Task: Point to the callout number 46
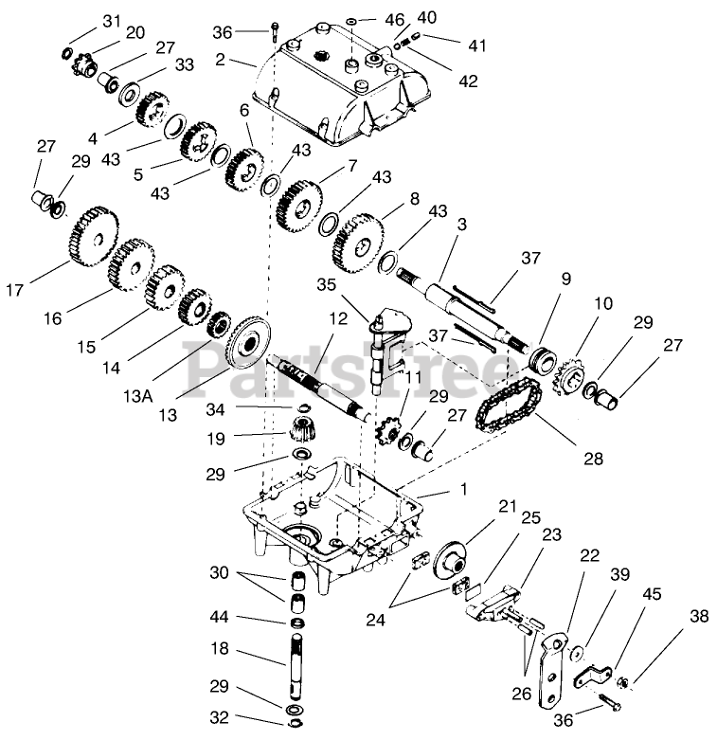[394, 18]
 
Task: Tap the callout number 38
[699, 616]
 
